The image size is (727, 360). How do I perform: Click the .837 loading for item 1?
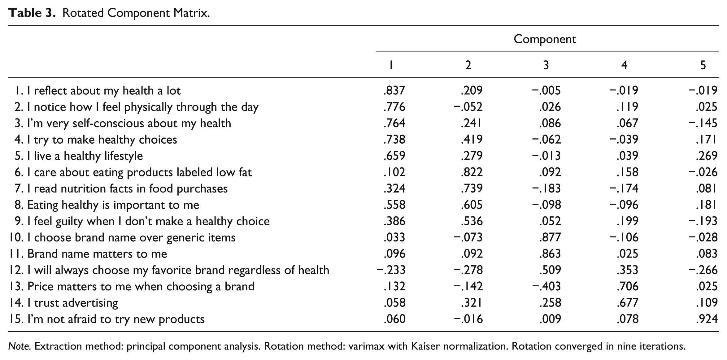pos(394,90)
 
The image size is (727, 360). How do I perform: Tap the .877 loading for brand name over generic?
pos(550,237)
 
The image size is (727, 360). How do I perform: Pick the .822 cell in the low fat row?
pos(472,172)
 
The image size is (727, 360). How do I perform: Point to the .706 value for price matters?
pos(628,286)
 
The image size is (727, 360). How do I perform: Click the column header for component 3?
pos(546,65)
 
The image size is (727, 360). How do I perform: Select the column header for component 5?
pos(703,65)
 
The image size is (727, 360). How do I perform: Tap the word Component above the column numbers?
pos(545,39)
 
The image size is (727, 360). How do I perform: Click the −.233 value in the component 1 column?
pos(391,270)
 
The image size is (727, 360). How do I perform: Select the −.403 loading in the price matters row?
pos(546,286)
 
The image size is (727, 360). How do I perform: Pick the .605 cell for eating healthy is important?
pos(472,205)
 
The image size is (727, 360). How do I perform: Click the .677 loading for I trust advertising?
pos(628,303)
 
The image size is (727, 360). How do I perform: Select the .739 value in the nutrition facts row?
pos(472,188)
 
